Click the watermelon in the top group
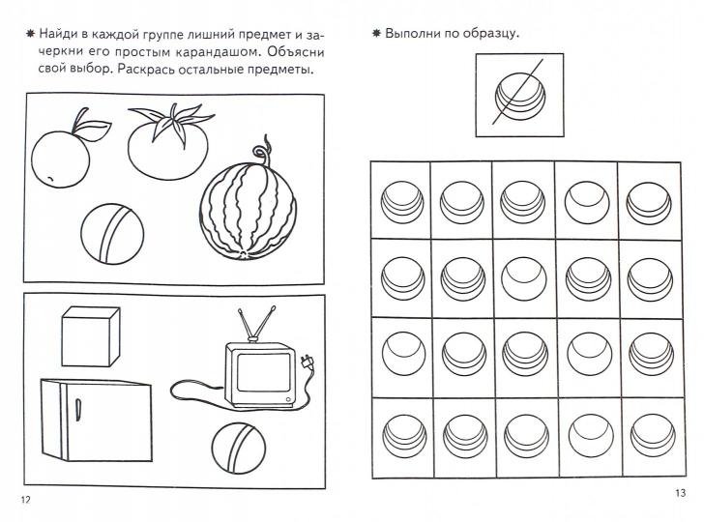tap(248, 211)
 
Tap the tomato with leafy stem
tap(169, 143)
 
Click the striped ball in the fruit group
tap(112, 234)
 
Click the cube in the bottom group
tap(90, 336)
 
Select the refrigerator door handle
tap(77, 410)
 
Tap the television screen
tap(264, 372)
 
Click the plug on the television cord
tap(307, 362)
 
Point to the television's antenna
tap(256, 323)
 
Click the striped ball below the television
tap(239, 448)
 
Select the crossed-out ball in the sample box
tap(520, 96)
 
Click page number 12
tap(25, 500)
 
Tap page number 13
tap(680, 493)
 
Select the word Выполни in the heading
tap(412, 33)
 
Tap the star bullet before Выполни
tap(376, 33)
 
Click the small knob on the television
tap(287, 399)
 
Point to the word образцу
tap(491, 34)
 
